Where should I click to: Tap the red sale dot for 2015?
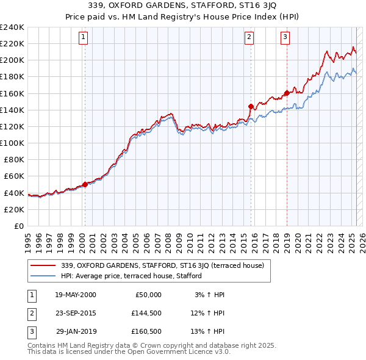tap(251, 106)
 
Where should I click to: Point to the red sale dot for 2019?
tap(287, 93)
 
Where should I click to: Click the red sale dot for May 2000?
tap(85, 184)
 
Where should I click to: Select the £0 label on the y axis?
tap(18, 226)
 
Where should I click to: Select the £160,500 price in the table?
tap(146, 331)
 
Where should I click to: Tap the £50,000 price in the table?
tap(147, 295)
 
